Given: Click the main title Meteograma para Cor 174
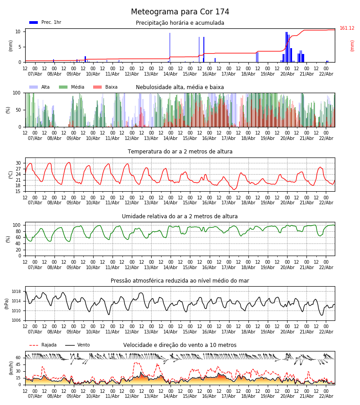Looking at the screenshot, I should (180, 12).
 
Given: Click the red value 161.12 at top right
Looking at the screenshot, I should (347, 28).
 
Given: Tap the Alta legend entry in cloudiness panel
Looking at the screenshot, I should (45, 87).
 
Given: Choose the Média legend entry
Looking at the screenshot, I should (77, 87).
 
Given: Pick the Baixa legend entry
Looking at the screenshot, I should (111, 87).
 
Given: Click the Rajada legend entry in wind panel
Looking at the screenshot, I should (49, 345).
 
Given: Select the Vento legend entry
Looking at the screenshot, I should (83, 345).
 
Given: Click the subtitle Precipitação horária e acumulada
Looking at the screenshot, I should (180, 23).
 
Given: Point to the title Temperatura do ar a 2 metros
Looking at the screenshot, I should (180, 152).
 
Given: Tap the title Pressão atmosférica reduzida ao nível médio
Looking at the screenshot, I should (180, 281).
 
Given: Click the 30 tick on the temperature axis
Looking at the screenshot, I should (18, 163).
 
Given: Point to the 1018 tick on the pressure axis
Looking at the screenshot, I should (16, 292).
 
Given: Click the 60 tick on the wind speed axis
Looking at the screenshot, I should (18, 358).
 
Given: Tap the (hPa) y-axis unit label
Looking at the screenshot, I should (7, 303).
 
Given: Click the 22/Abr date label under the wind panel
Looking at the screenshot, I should (326, 396).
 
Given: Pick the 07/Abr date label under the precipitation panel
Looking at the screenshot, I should (35, 74).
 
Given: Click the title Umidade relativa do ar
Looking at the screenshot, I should (180, 216).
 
